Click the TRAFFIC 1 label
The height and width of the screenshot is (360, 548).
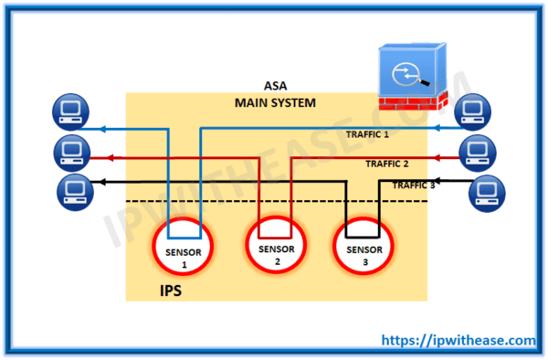tap(367, 135)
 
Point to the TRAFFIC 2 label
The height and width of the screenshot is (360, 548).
tap(386, 164)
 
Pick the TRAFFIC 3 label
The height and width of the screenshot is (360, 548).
tap(414, 185)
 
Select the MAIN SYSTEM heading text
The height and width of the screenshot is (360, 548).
tap(275, 103)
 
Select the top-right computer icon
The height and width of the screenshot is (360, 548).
tap(470, 111)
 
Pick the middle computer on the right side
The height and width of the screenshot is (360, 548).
tap(477, 148)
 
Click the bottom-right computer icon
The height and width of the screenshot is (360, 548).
tap(485, 192)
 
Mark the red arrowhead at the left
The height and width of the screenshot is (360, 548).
tap(100, 157)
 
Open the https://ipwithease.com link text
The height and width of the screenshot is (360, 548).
tap(458, 340)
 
